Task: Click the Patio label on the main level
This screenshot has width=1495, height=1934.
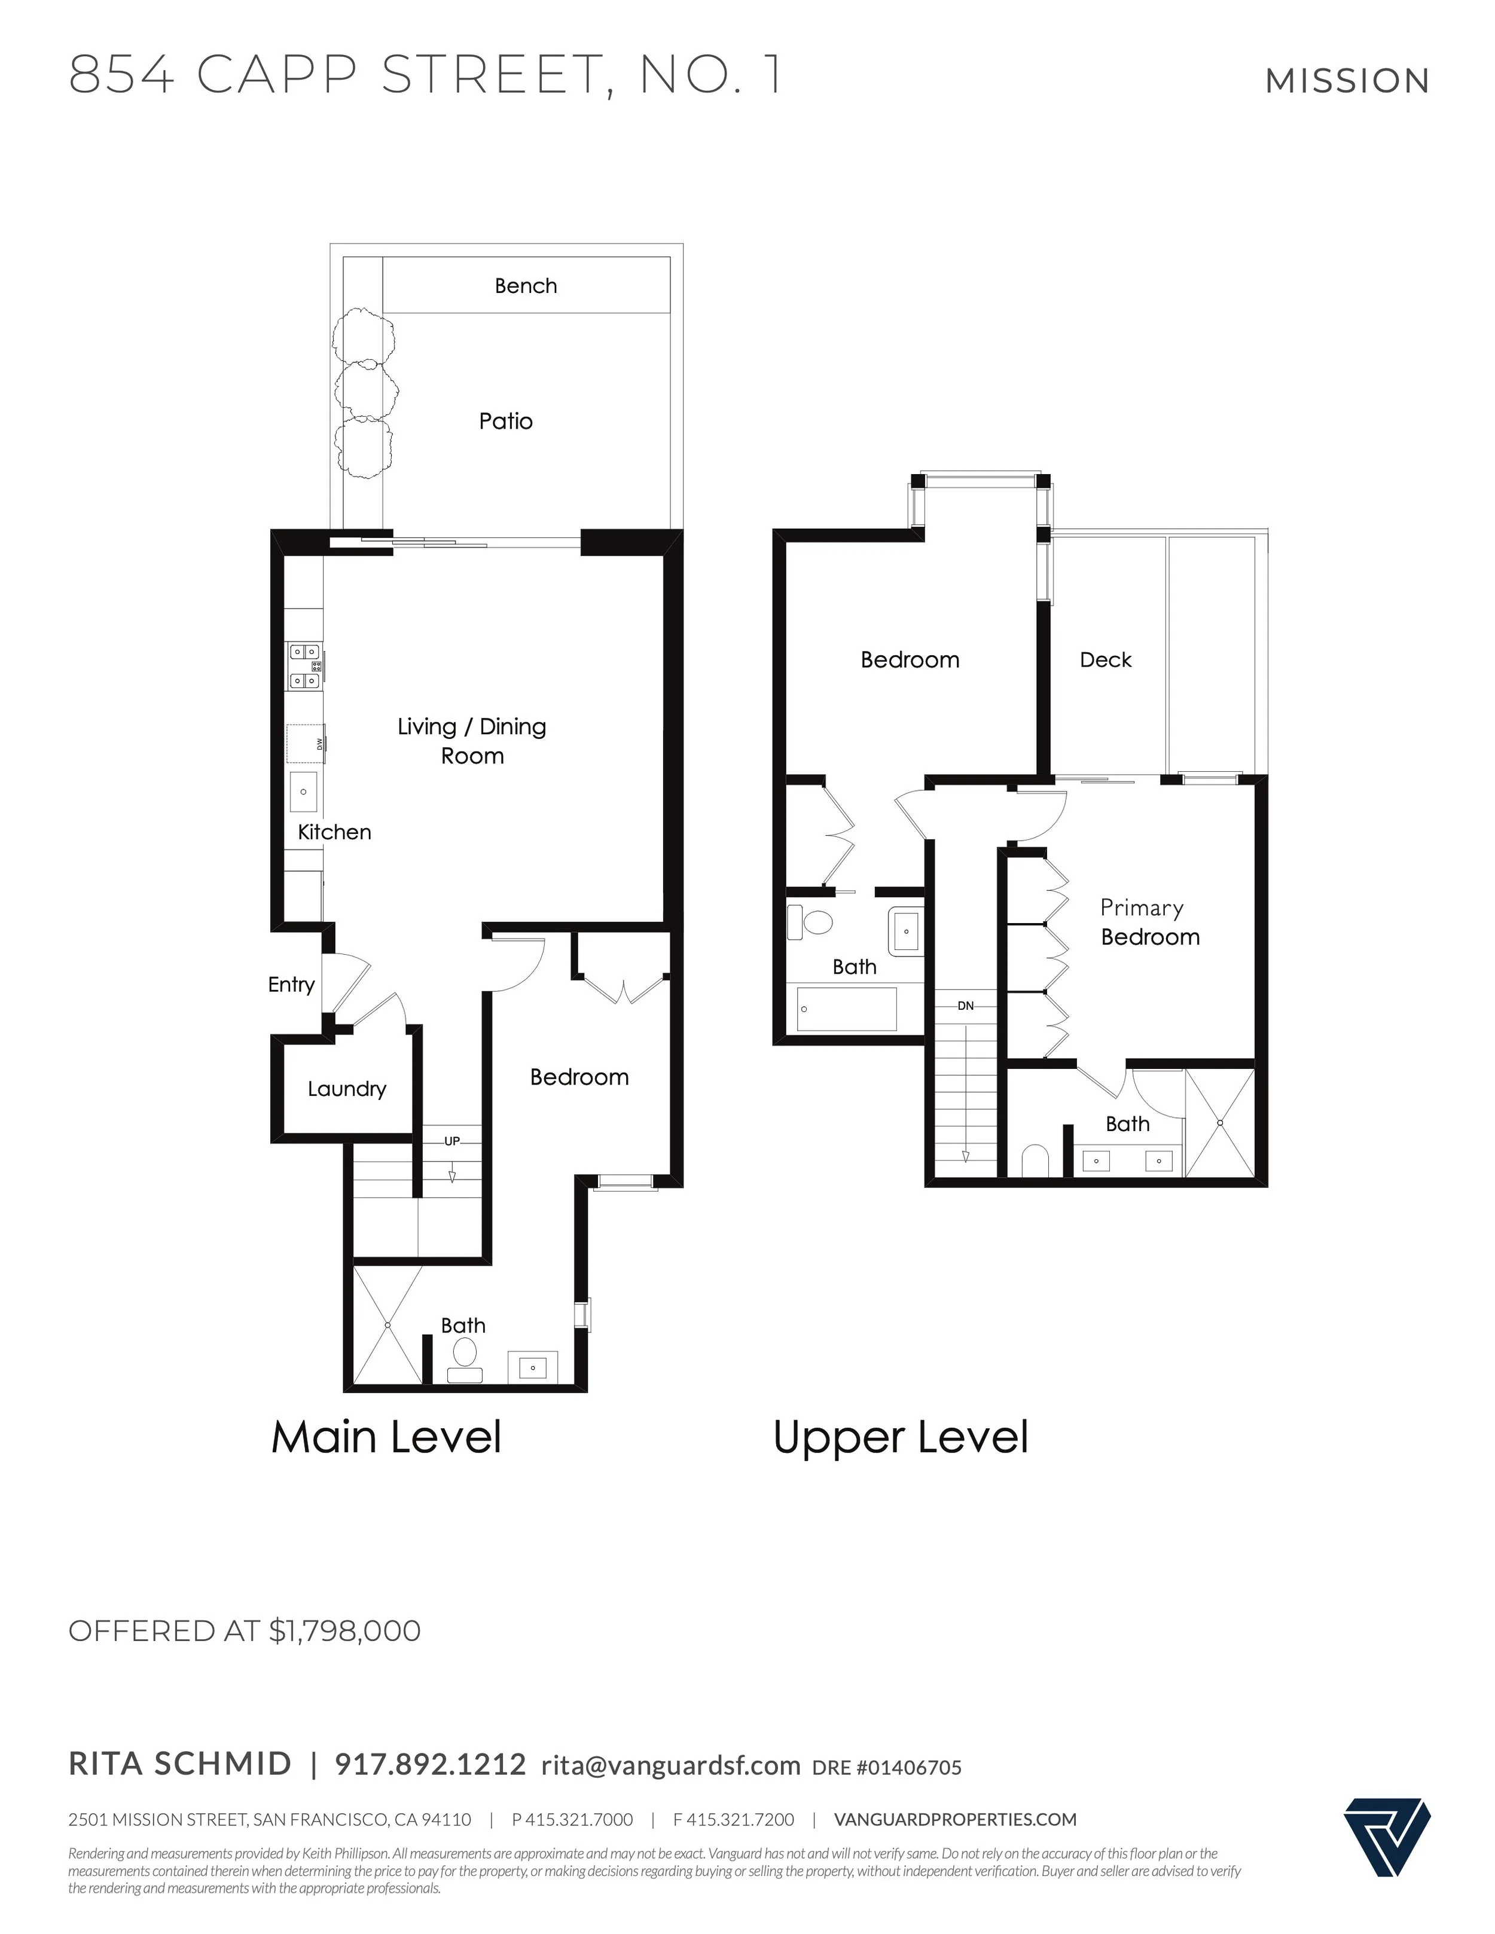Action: point(506,421)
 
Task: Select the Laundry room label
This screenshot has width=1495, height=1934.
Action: point(346,1089)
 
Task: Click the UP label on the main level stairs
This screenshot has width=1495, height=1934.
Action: point(451,1141)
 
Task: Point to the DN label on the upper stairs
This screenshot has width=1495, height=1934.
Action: point(965,1006)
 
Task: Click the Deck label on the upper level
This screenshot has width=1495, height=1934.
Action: point(1105,660)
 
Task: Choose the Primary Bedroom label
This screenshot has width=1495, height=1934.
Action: point(1149,922)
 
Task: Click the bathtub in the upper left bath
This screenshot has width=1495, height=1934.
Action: point(847,1009)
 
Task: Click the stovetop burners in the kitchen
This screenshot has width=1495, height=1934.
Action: point(304,666)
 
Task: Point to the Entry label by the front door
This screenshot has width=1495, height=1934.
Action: point(291,985)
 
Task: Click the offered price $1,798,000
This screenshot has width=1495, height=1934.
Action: point(344,1631)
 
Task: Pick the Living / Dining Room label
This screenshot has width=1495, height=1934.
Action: point(472,741)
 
